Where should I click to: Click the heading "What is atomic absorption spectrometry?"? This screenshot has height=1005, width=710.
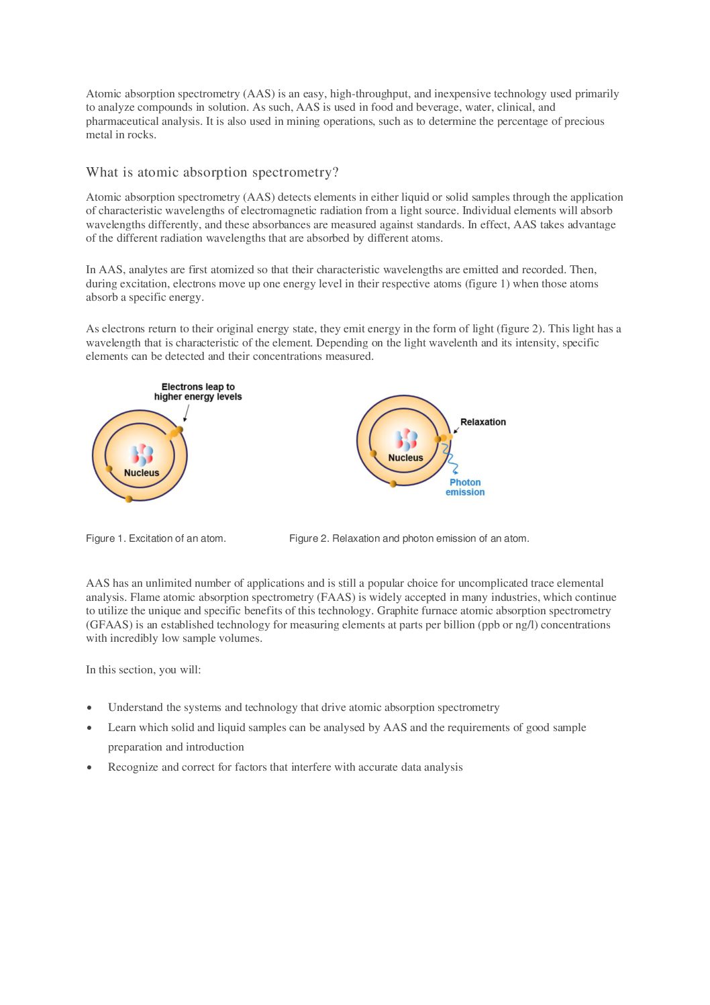click(x=212, y=173)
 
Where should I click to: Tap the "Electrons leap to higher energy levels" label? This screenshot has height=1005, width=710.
click(x=198, y=392)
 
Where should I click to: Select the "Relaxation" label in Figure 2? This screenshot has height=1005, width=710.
click(x=483, y=422)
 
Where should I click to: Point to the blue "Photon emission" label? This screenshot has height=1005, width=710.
click(x=465, y=487)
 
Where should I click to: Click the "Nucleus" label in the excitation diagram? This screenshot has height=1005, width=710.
click(x=142, y=473)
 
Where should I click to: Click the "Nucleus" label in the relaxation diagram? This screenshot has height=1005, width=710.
click(x=405, y=458)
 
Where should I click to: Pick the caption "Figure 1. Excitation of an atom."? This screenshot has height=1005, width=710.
click(x=156, y=538)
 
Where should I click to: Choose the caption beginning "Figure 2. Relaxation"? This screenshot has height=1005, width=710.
click(x=409, y=538)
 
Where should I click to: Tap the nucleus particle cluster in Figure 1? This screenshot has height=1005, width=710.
click(x=142, y=454)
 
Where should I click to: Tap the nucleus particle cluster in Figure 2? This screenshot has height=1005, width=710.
click(x=405, y=440)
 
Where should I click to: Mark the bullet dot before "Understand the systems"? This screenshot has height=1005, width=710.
click(x=89, y=708)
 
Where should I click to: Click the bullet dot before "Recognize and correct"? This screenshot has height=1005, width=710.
click(x=89, y=768)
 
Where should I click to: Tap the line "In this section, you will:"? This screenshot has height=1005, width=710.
click(x=143, y=670)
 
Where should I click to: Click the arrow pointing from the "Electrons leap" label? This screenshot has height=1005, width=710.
click(x=186, y=413)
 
